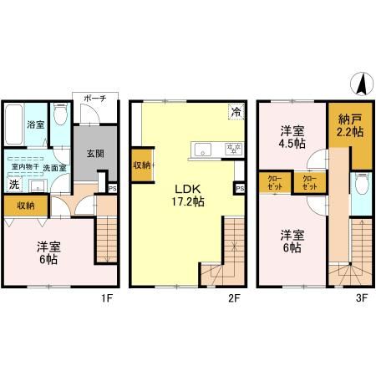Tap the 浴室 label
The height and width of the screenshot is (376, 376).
pyautogui.click(x=35, y=124)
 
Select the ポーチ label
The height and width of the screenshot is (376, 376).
pyautogui.click(x=93, y=99)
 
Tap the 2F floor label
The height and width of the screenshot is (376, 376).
pyautogui.click(x=239, y=295)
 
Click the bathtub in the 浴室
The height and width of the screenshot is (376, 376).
pyautogui.click(x=14, y=125)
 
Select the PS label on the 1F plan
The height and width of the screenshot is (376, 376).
pyautogui.click(x=112, y=188)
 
